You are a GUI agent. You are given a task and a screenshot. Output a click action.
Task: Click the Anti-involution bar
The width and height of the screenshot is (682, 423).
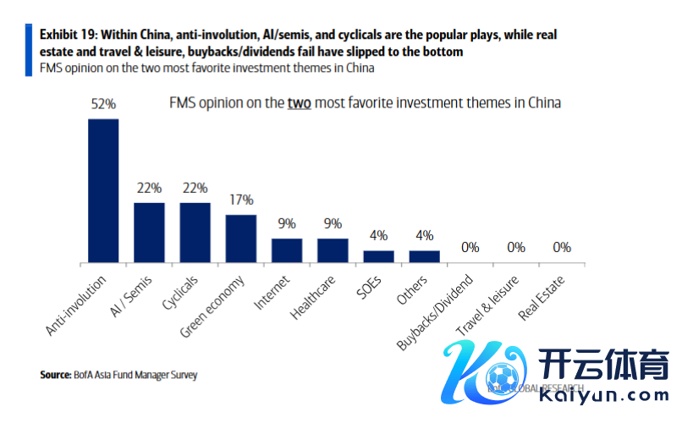(103, 190)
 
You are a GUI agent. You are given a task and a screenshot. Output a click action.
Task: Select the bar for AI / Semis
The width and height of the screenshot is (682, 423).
(149, 233)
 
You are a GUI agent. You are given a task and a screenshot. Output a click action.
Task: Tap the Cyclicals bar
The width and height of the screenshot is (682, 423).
(195, 233)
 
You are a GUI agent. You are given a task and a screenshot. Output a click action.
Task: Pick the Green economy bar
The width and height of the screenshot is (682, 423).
(241, 239)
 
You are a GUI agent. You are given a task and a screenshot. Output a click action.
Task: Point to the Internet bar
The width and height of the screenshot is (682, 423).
(287, 250)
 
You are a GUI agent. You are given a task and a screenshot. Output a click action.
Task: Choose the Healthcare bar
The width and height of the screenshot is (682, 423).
(333, 250)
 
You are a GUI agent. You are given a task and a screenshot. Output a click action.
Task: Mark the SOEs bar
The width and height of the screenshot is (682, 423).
(378, 256)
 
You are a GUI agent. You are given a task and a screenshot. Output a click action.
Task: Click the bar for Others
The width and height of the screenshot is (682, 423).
(425, 256)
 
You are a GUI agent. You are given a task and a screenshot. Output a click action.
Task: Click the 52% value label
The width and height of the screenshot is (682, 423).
(103, 104)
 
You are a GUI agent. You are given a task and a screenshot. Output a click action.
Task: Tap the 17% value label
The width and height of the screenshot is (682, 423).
(241, 201)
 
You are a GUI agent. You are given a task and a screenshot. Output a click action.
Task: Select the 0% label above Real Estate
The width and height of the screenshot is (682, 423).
(562, 248)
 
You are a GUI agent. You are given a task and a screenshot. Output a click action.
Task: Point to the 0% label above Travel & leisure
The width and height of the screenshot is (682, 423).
(516, 248)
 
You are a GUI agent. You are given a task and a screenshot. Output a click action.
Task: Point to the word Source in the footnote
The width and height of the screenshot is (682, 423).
(55, 374)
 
